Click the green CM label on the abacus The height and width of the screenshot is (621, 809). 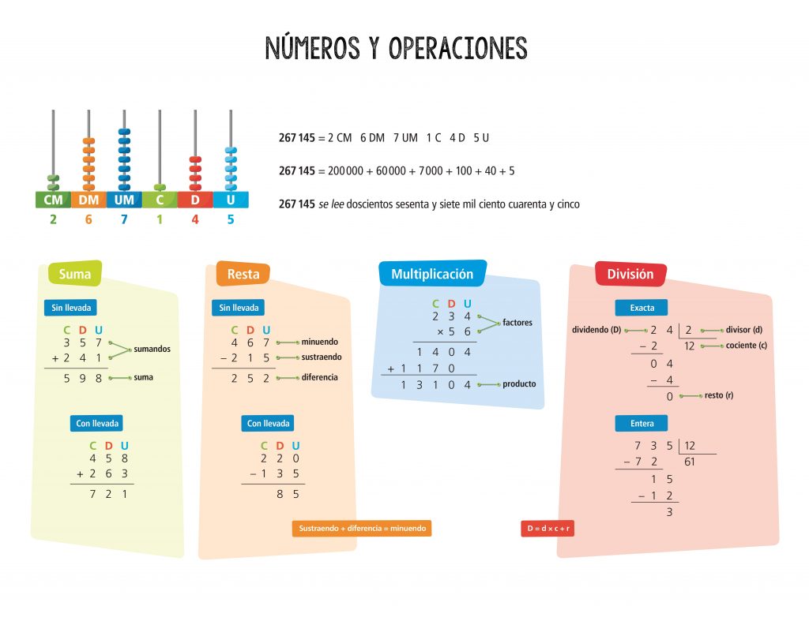point(53,200)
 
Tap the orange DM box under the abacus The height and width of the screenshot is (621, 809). point(88,200)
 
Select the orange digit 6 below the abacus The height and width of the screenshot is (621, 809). point(88,219)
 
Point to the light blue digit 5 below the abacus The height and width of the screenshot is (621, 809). point(231,219)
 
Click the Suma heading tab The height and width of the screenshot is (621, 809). point(75,275)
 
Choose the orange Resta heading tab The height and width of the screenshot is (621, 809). point(243,275)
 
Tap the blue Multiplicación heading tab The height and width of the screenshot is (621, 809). point(432,274)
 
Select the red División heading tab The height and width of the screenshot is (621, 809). point(630,274)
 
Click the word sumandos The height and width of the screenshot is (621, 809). point(152,349)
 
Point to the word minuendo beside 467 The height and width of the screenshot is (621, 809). point(319,342)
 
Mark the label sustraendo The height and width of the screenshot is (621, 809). point(321,357)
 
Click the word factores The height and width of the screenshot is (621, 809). point(517,323)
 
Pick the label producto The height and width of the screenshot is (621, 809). point(519,384)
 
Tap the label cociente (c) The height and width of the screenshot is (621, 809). point(746,345)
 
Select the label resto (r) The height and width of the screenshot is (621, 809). point(718,395)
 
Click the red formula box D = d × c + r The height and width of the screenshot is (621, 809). point(547,529)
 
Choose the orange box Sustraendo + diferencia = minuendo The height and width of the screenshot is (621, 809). point(362,529)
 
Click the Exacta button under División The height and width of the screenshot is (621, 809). point(642,308)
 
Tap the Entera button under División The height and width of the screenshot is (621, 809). point(642,424)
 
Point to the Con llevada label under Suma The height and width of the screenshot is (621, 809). point(97,424)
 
